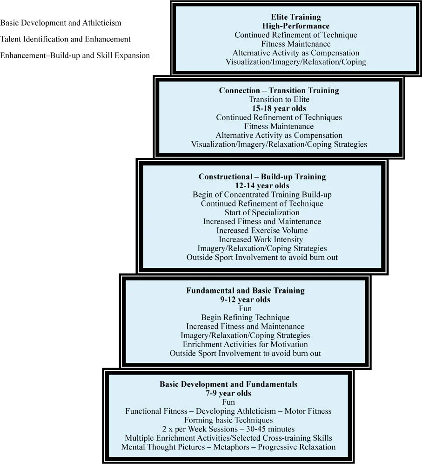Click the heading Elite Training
(x=295, y=17)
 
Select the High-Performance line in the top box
(x=295, y=26)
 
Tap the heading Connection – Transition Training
(x=279, y=90)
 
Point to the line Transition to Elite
(x=279, y=99)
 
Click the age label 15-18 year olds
(x=279, y=108)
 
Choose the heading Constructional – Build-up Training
(x=262, y=177)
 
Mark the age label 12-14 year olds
(x=262, y=185)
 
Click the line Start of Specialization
(x=262, y=212)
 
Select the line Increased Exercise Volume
(x=262, y=230)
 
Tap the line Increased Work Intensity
(x=262, y=239)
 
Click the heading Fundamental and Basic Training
(x=245, y=290)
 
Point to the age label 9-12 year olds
(x=245, y=300)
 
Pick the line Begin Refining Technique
(x=245, y=318)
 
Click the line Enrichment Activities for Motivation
(x=245, y=345)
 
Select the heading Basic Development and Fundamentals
(x=228, y=384)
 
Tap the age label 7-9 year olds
(x=228, y=393)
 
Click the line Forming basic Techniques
(x=228, y=420)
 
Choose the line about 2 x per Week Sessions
(x=228, y=429)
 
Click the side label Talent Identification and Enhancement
(x=66, y=39)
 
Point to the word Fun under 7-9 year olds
(x=228, y=402)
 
